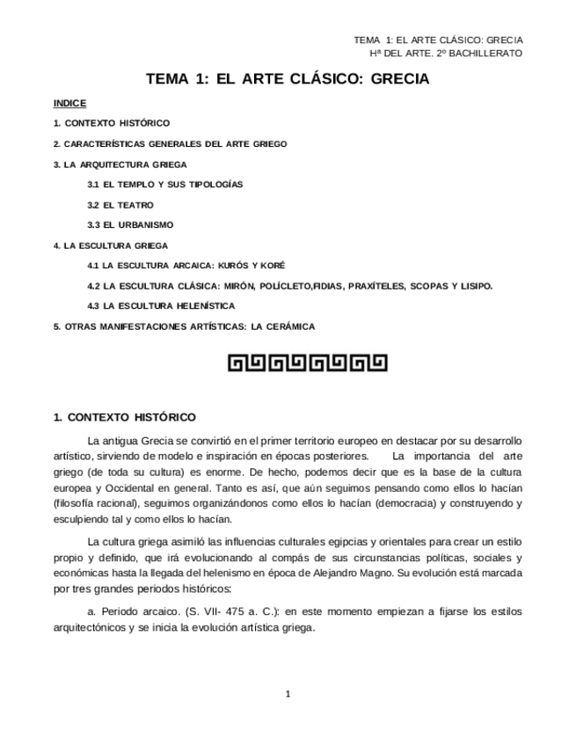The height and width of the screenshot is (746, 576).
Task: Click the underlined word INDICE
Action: coord(69,103)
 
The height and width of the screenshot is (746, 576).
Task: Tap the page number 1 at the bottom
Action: coord(288,694)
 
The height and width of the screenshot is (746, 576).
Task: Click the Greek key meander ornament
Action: coord(307,362)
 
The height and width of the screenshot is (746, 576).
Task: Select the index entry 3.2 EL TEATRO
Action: coord(120,205)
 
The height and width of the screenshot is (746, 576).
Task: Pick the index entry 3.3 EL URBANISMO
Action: coord(130,225)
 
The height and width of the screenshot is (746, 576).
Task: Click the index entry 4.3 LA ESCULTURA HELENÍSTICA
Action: coord(161,306)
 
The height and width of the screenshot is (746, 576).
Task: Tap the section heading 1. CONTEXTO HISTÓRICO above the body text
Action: coord(125,417)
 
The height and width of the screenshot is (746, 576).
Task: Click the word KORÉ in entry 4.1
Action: coord(273,266)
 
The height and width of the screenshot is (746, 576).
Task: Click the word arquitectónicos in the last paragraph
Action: coord(99,628)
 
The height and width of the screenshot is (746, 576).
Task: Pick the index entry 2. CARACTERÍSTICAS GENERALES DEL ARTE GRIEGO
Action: coord(170,143)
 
